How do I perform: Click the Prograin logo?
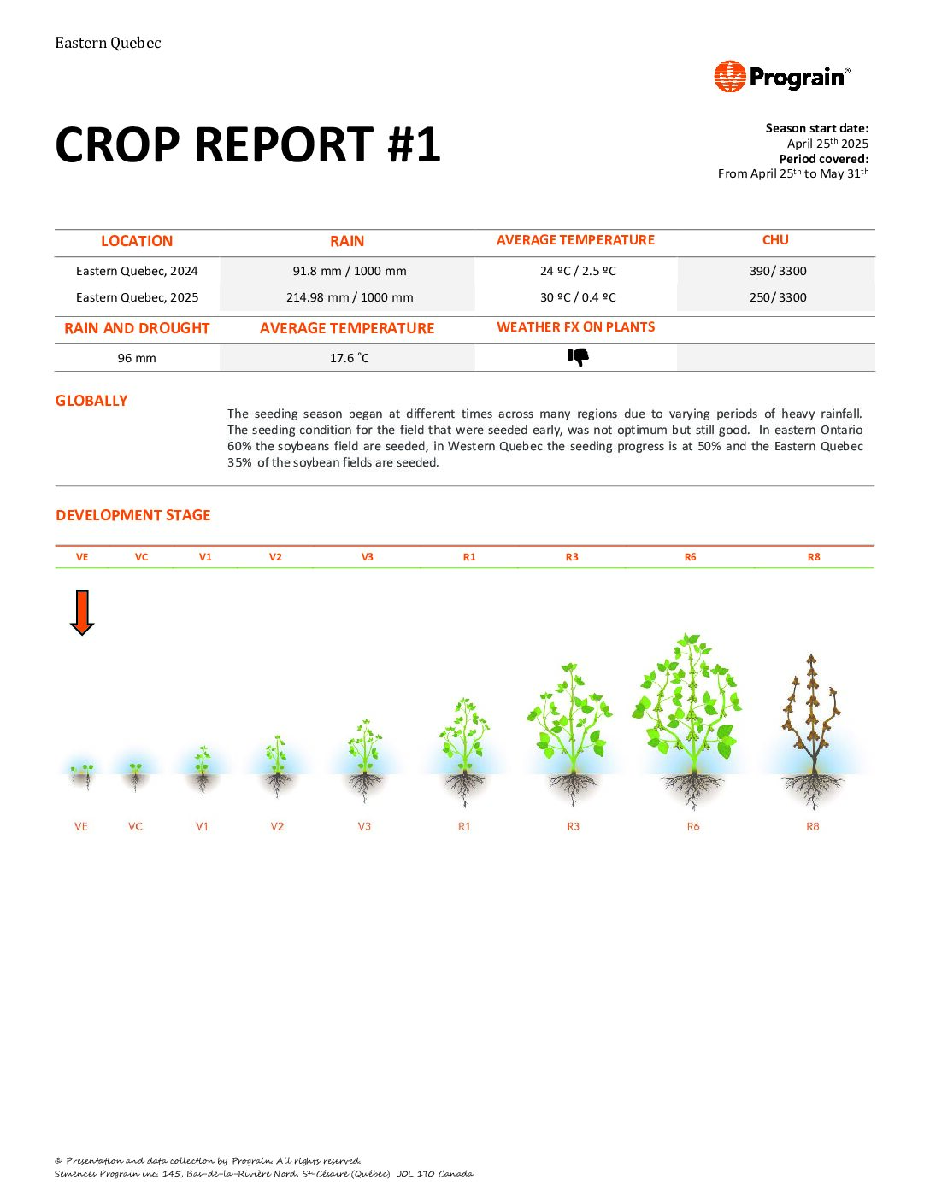[x=781, y=77]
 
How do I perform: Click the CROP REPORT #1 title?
[x=247, y=144]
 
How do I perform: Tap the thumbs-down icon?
[x=578, y=357]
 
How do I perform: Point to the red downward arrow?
[x=82, y=613]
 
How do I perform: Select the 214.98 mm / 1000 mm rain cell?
[x=349, y=297]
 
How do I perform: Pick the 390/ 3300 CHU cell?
[x=777, y=271]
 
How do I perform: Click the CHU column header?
[x=775, y=240]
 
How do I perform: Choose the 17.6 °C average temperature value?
[x=349, y=358]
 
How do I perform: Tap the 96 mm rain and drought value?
[x=137, y=358]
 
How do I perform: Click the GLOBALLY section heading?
[x=91, y=401]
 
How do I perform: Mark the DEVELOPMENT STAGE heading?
[x=132, y=515]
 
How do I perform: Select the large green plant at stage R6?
[x=689, y=709]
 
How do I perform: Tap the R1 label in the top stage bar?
[x=469, y=557]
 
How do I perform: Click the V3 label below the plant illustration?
[x=364, y=826]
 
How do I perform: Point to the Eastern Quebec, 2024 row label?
[x=137, y=271]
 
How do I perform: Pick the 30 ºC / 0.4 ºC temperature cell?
[x=578, y=297]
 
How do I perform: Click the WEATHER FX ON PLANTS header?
[x=576, y=327]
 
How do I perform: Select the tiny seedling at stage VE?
[x=82, y=773]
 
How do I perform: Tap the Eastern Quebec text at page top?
[x=108, y=43]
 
